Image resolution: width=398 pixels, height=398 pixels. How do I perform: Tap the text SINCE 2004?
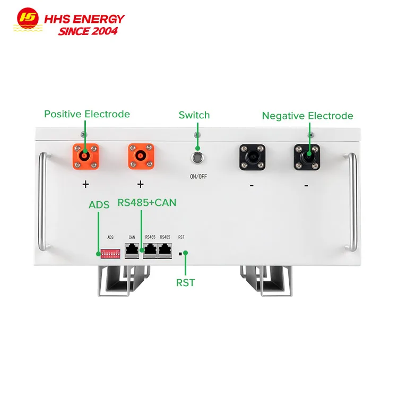[88, 31]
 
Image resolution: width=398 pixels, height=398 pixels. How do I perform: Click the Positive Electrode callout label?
[87, 114]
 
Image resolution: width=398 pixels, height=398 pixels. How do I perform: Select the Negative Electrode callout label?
[307, 116]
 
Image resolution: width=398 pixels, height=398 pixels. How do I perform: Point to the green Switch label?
[194, 115]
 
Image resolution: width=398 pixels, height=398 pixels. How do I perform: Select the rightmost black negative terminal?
[307, 157]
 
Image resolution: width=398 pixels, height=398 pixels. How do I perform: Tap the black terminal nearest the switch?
[252, 157]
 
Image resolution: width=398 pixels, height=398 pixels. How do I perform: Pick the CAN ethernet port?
[132, 250]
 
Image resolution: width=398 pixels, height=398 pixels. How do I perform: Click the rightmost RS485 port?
[165, 250]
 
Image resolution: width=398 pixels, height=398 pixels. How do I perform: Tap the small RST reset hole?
[181, 254]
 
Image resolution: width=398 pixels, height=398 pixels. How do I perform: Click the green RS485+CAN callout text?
[146, 203]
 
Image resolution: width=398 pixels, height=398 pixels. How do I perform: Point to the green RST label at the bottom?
[185, 283]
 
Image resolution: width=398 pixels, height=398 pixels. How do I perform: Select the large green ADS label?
[99, 205]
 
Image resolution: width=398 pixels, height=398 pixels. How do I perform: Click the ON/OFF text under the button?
[197, 177]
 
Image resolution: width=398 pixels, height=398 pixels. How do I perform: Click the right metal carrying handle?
[351, 202]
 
